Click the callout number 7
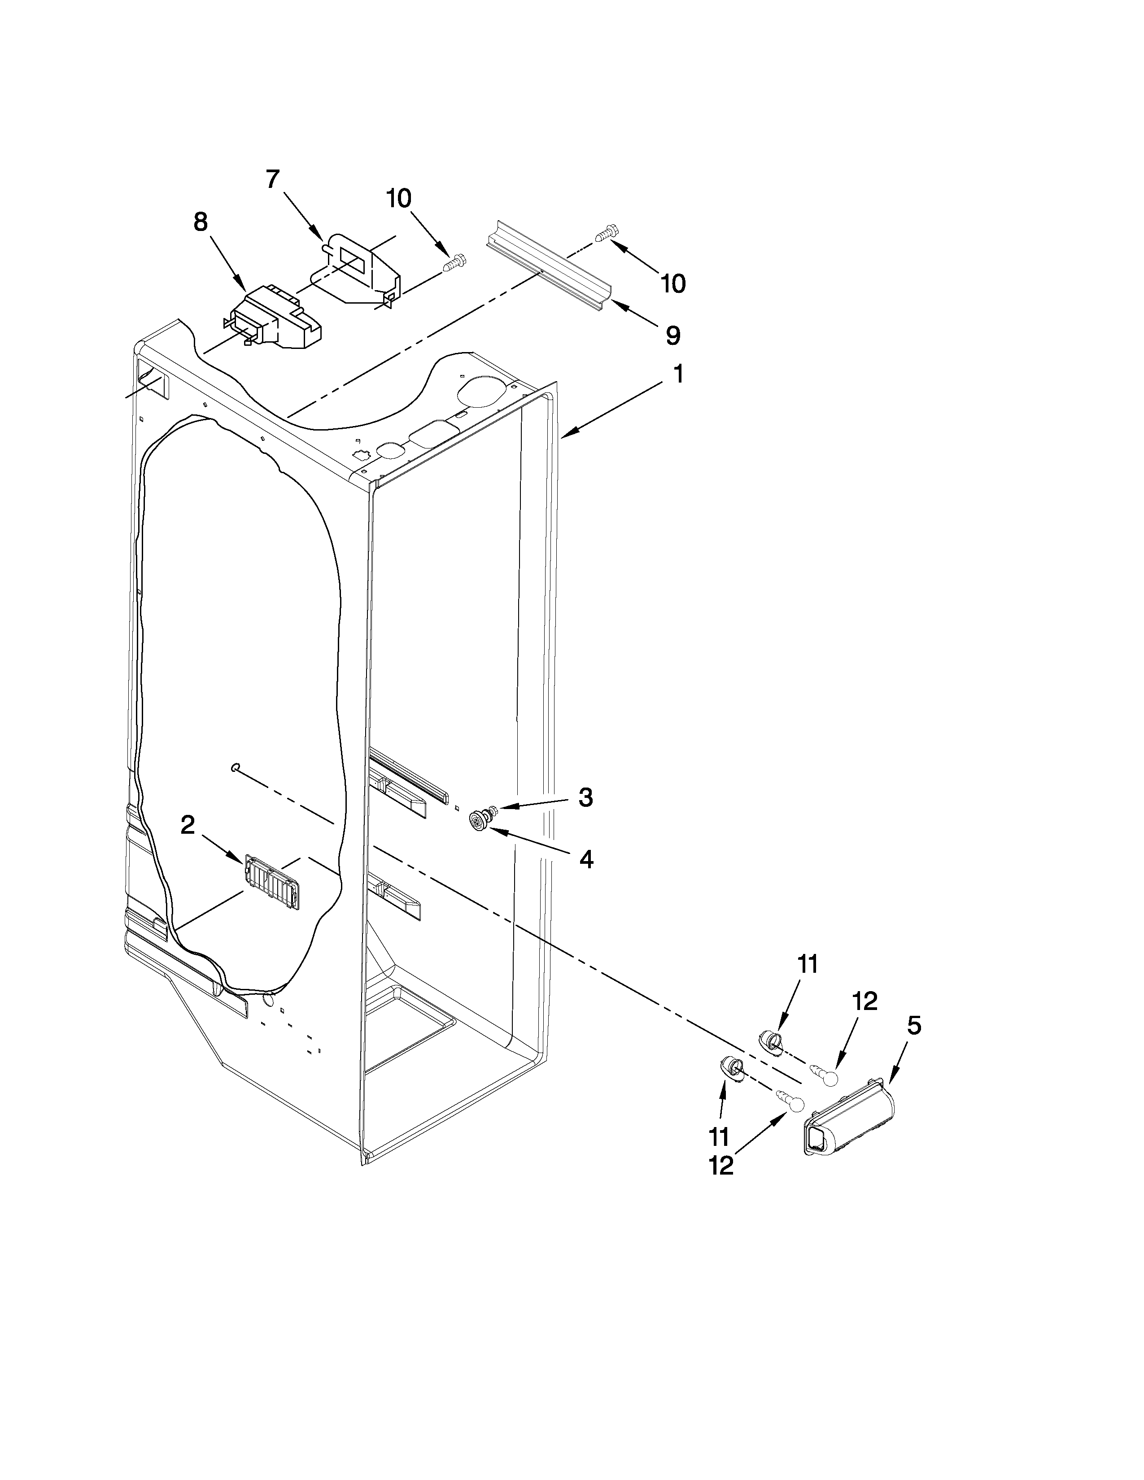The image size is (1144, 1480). click(272, 179)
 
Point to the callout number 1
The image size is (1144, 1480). click(677, 374)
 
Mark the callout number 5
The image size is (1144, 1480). click(913, 1026)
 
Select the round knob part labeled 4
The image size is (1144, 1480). click(480, 822)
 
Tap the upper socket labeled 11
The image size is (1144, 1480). click(769, 1040)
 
